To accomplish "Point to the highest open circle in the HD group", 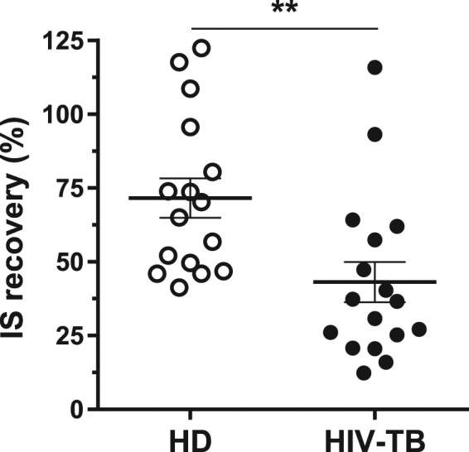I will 201,48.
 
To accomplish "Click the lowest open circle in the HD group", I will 180,287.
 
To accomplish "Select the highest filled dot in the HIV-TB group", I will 375,68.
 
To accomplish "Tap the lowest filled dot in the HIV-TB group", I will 364,373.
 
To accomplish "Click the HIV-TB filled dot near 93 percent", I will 375,134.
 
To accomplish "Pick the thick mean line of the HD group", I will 191,198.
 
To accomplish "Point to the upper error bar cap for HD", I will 191,178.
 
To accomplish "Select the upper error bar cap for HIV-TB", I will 375,262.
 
